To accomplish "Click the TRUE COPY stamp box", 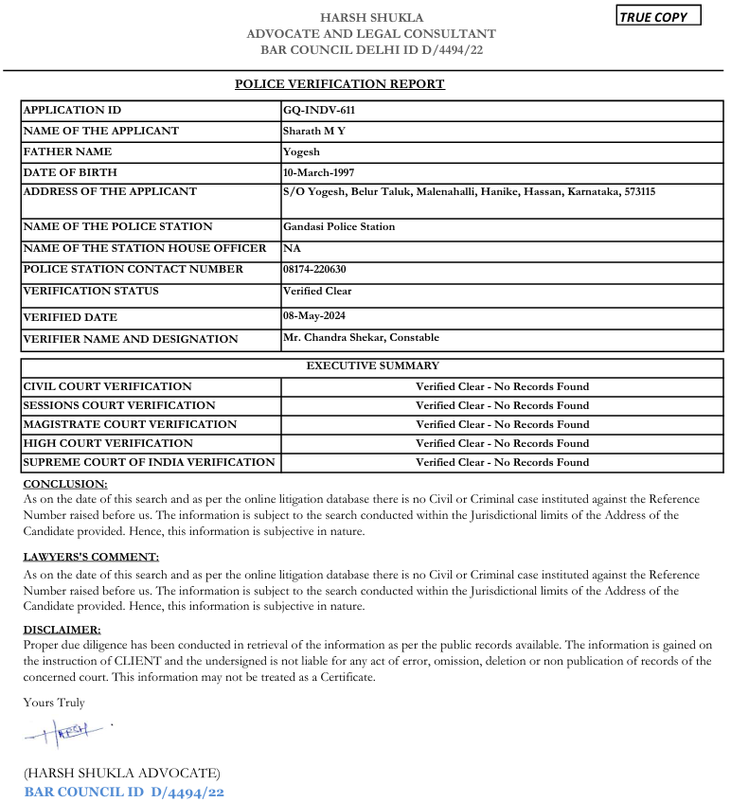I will (x=658, y=16).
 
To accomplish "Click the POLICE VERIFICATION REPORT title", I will (x=339, y=84).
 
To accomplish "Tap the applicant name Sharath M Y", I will (x=313, y=131).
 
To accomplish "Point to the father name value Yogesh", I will (x=301, y=151).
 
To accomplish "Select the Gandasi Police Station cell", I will (x=338, y=226).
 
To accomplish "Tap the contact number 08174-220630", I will (x=320, y=269).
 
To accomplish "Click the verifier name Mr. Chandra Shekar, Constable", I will (x=361, y=338).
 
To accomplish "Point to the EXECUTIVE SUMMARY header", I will (x=372, y=365).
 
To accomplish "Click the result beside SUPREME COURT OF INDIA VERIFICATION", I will (x=502, y=462).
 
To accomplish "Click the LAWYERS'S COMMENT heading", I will (x=91, y=557).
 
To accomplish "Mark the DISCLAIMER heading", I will (x=62, y=629).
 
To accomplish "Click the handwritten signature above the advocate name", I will (x=66, y=732).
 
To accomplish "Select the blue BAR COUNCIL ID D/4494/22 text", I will (x=124, y=792).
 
